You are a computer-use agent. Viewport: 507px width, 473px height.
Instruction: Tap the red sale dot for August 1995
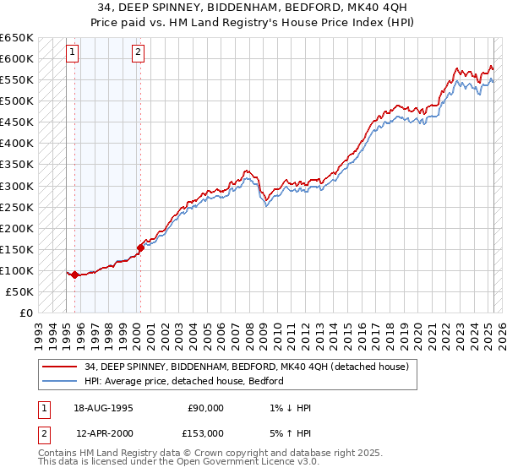[75, 275]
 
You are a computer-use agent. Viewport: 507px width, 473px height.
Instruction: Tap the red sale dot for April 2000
[140, 247]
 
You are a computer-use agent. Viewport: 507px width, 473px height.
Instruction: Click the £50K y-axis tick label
[20, 291]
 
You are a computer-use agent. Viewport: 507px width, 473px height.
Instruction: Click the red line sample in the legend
[58, 367]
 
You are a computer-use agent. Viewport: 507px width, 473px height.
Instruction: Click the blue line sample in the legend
[58, 381]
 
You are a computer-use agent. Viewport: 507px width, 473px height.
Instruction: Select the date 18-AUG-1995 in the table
[104, 408]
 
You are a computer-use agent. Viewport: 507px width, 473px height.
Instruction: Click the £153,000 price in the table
[205, 432]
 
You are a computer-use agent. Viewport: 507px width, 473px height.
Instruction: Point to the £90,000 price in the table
[205, 408]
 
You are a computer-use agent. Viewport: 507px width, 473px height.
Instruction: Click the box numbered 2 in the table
[43, 432]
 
